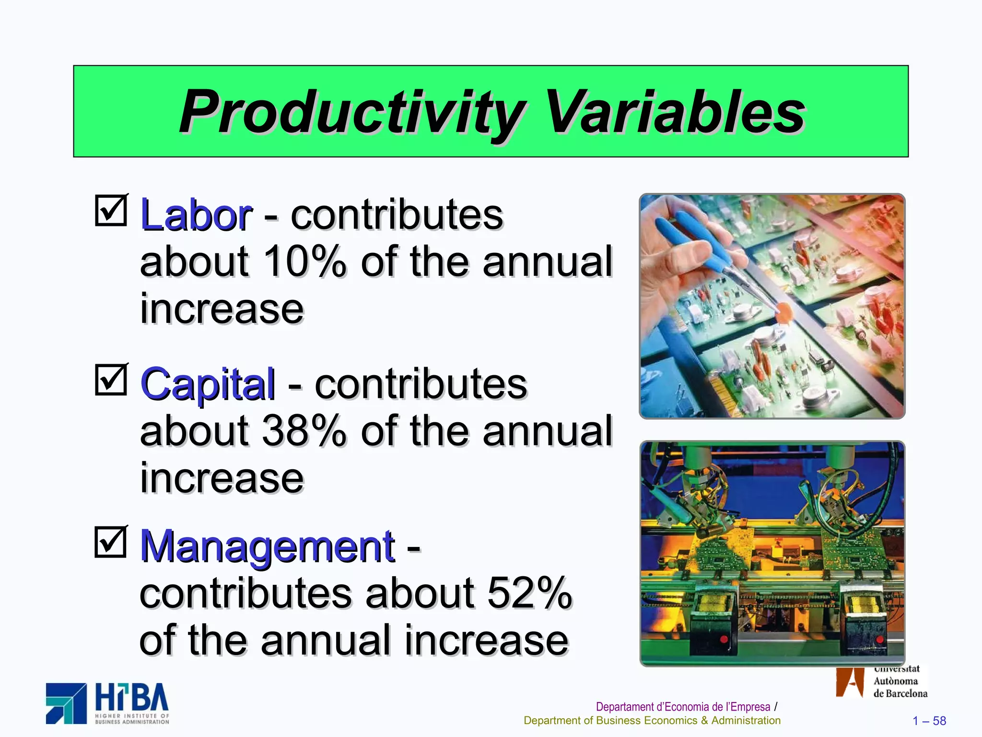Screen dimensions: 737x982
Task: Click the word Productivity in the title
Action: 352,113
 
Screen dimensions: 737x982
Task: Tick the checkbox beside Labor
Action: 111,210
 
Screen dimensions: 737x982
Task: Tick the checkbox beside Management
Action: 111,542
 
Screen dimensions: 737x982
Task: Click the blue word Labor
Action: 196,215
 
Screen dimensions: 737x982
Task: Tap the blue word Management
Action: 268,547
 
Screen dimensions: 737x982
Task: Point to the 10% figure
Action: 304,262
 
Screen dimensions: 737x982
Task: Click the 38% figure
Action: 304,431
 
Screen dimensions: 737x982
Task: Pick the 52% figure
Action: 529,593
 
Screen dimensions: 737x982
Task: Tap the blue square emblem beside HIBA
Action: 66,703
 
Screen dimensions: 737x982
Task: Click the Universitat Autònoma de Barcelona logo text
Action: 900,681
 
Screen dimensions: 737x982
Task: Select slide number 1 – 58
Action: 929,721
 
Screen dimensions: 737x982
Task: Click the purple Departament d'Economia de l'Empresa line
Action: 683,707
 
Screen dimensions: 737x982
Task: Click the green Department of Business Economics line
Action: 652,721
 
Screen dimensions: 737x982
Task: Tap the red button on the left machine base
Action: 724,639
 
